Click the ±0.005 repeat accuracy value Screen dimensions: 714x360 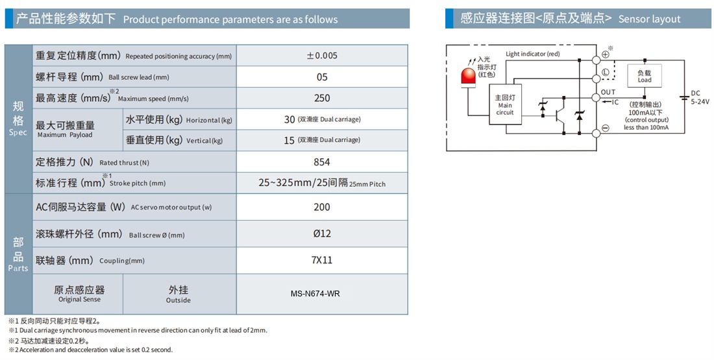pyautogui.click(x=322, y=56)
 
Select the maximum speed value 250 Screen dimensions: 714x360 pyautogui.click(x=322, y=99)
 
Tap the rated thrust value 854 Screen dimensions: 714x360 pyautogui.click(x=322, y=162)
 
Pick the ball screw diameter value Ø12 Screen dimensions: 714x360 pyautogui.click(x=322, y=234)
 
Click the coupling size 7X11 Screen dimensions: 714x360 pyautogui.click(x=322, y=260)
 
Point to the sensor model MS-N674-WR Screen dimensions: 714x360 pyautogui.click(x=315, y=294)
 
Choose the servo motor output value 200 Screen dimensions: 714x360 pyautogui.click(x=322, y=207)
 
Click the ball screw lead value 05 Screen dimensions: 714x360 pyautogui.click(x=322, y=77)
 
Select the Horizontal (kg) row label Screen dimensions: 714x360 pyautogui.click(x=179, y=120)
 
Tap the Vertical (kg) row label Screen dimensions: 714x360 pyautogui.click(x=175, y=140)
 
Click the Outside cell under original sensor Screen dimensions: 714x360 pyautogui.click(x=178, y=294)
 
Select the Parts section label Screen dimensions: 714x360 pyautogui.click(x=18, y=255)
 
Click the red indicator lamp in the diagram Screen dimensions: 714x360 pyautogui.click(x=467, y=77)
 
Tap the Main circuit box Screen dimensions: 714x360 pyautogui.click(x=505, y=104)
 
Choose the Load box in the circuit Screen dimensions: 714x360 pyautogui.click(x=645, y=75)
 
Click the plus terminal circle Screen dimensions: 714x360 pyautogui.click(x=606, y=54)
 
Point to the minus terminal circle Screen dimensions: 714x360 pyautogui.click(x=606, y=128)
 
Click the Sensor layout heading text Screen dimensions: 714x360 pyautogui.click(x=649, y=19)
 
